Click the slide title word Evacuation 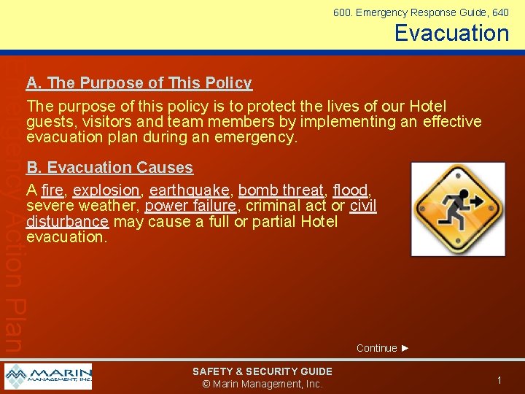coord(451,33)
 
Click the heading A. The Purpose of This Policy coord(139,83)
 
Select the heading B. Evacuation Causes coord(109,168)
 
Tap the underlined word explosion coord(106,190)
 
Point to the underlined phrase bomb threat coord(281,190)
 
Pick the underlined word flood coord(351,190)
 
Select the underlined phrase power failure coord(190,206)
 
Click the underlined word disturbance coord(67,222)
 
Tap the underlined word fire coord(53,190)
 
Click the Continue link coord(382,348)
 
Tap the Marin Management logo coord(48,376)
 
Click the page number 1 coord(499,380)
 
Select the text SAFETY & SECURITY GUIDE coord(262,371)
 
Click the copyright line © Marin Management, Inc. coord(262,385)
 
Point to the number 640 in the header coord(500,12)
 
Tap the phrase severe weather coord(82,206)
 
